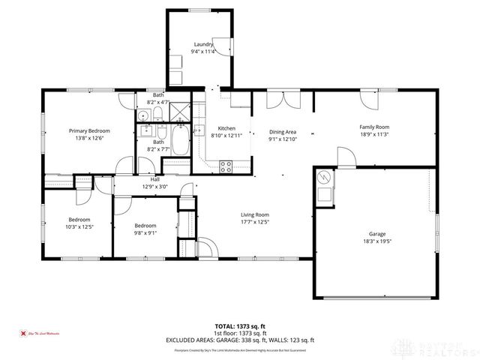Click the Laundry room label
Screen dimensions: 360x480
202,45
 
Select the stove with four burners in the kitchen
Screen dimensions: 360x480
225,167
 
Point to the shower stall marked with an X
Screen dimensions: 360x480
181,115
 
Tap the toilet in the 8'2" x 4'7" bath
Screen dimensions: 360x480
158,115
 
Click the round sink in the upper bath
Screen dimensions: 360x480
142,116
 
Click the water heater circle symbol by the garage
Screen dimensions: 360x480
324,178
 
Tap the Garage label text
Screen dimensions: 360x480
376,233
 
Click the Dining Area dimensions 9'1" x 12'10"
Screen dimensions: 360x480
283,139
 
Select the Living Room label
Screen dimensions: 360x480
255,214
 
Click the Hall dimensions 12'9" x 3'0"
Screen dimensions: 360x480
155,187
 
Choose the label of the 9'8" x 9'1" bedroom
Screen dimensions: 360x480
145,226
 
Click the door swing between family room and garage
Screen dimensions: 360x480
344,157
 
